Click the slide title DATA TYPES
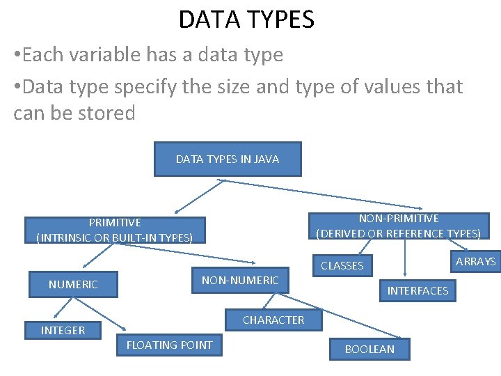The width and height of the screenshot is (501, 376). (x=246, y=19)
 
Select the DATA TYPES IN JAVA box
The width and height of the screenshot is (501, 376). (x=228, y=159)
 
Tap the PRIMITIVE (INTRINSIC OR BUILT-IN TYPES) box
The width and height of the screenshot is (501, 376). (x=115, y=230)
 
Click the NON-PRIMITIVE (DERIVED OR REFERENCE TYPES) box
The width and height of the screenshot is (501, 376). (x=399, y=226)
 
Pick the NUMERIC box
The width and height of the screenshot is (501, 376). (x=73, y=284)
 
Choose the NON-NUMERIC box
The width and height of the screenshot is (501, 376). (x=240, y=281)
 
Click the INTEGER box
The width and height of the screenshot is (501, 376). (x=63, y=330)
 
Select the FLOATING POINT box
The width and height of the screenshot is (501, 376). (x=170, y=345)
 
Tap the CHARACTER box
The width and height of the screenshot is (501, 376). (x=273, y=320)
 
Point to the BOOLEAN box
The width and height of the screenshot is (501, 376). (x=369, y=349)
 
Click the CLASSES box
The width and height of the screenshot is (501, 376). (x=342, y=265)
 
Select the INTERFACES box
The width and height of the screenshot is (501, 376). (x=417, y=290)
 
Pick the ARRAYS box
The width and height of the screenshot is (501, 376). (x=476, y=261)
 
